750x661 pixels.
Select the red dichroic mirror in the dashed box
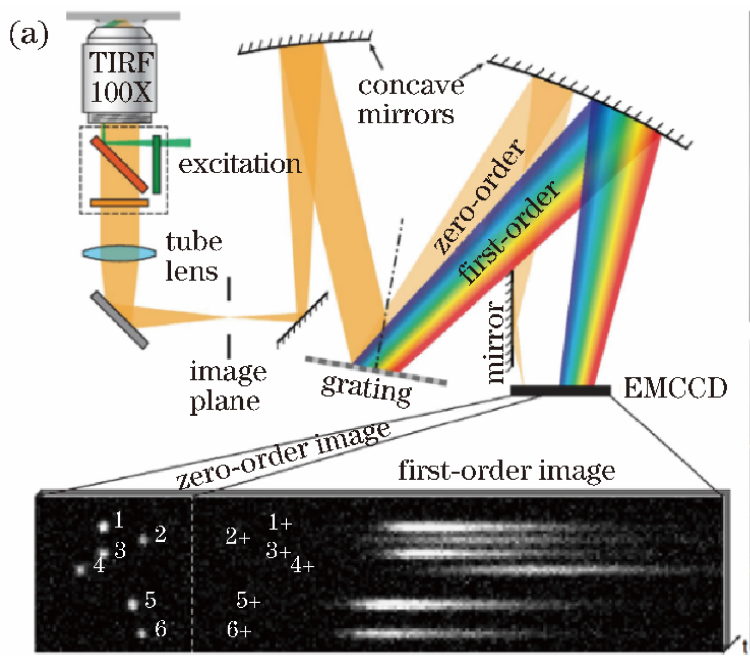coord(119,164)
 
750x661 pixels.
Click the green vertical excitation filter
coord(157,164)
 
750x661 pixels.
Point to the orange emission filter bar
coord(119,203)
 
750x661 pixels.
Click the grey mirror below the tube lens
coord(120,320)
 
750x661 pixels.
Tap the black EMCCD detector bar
coord(560,391)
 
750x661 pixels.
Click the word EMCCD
coord(675,388)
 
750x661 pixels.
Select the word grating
coord(367,388)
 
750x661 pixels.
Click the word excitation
coord(240,164)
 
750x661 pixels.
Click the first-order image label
coord(506,471)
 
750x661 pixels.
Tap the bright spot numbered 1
coord(103,526)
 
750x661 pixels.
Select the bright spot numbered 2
coord(144,538)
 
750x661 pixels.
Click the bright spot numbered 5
coord(133,604)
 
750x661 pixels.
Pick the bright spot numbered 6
coord(142,633)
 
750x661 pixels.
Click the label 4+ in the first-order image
coord(303,566)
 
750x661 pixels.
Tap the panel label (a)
coord(29,36)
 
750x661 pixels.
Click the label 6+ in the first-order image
coord(239,630)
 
